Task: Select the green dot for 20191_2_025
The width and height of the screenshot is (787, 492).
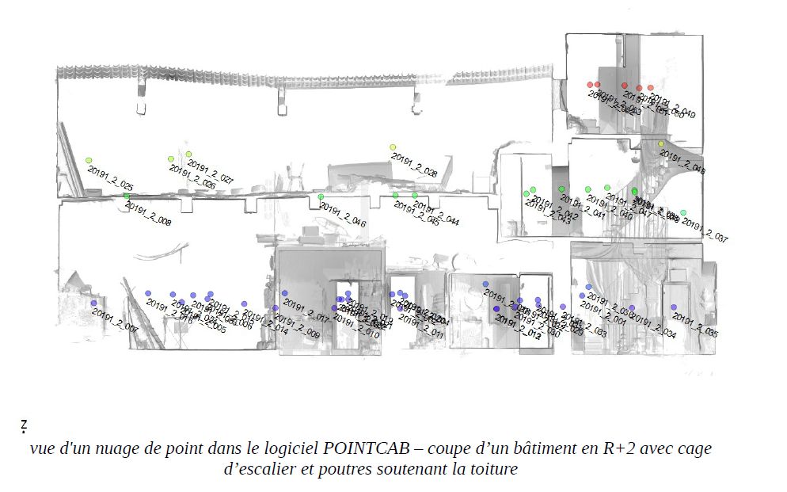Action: click(89, 161)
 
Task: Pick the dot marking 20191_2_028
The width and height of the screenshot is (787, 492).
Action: click(393, 147)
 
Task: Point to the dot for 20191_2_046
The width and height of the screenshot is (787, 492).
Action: click(321, 197)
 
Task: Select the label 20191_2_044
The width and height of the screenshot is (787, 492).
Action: click(436, 215)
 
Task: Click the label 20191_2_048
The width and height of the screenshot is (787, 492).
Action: click(682, 162)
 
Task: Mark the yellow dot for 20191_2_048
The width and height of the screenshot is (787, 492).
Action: click(661, 144)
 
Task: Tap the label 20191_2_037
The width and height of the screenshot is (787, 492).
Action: click(705, 231)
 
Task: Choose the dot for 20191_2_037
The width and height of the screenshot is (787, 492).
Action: click(683, 212)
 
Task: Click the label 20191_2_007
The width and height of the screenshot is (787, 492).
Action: click(115, 319)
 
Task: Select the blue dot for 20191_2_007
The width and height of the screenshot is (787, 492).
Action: click(93, 303)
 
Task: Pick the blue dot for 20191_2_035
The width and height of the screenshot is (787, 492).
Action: click(674, 307)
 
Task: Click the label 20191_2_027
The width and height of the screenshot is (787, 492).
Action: click(211, 174)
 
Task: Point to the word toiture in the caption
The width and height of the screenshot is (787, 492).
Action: click(492, 469)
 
